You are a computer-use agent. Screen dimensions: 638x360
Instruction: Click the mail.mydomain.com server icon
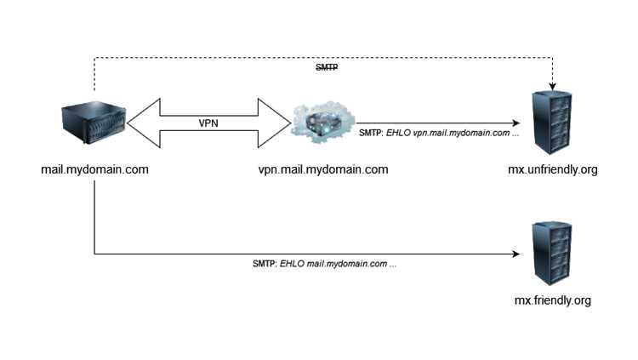(x=94, y=123)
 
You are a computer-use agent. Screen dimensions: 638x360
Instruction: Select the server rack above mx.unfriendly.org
(x=552, y=123)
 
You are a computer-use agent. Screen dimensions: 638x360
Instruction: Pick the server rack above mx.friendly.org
(x=552, y=254)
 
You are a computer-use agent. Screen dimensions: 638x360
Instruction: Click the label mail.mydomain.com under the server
(x=94, y=169)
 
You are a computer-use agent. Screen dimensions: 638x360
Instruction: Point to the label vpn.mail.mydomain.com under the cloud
(x=323, y=169)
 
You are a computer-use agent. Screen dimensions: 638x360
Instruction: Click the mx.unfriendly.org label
(x=553, y=169)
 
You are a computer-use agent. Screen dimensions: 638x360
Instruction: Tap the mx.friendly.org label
(x=553, y=300)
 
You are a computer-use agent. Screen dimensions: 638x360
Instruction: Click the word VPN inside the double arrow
(x=208, y=123)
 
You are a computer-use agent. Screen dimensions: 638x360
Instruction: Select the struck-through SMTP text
(x=327, y=67)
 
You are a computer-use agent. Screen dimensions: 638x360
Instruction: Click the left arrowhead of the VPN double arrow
(x=144, y=123)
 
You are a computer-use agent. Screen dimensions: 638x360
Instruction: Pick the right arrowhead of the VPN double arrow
(x=274, y=123)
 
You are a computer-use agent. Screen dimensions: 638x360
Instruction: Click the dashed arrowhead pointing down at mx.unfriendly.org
(x=552, y=86)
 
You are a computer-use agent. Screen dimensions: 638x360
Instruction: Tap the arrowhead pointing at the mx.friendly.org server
(x=516, y=254)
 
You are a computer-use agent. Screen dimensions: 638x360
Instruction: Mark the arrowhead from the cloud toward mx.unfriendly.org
(x=516, y=123)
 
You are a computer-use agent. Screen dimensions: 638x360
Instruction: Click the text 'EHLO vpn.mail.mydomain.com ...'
(x=453, y=133)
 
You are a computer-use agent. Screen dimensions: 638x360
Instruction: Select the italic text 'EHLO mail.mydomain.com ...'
(x=338, y=264)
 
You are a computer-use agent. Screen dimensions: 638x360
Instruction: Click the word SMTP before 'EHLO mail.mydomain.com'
(x=265, y=264)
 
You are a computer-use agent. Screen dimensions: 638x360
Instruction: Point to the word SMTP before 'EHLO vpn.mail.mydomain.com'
(x=371, y=133)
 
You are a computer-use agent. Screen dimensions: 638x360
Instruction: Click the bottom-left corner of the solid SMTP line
(x=94, y=254)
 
